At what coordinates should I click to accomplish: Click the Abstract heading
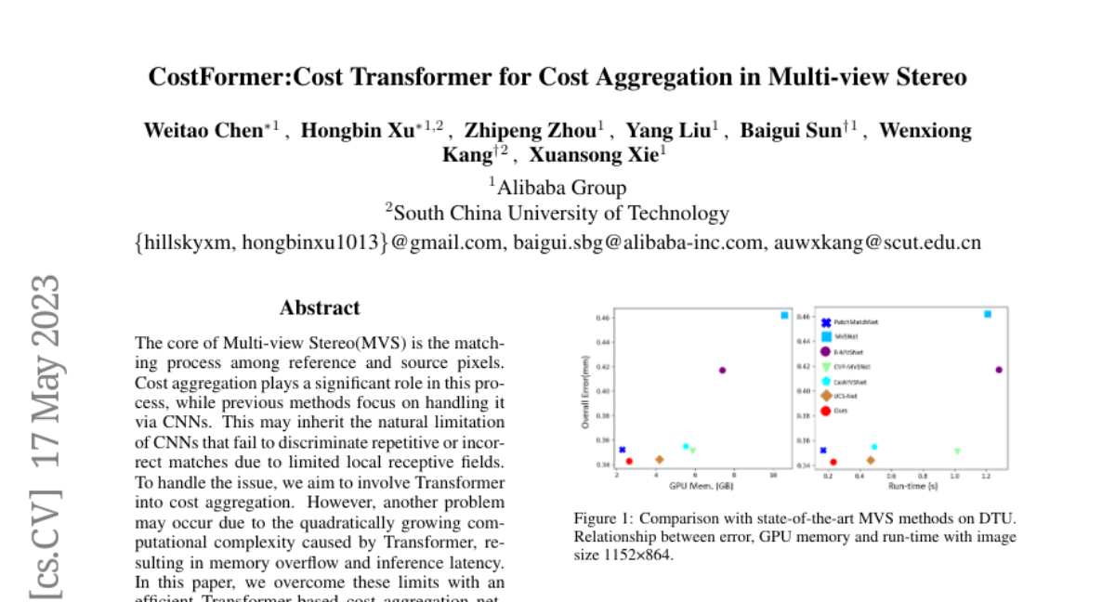(x=320, y=308)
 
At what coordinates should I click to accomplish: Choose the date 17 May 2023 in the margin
(x=46, y=372)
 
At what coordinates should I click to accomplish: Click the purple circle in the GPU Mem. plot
(x=722, y=370)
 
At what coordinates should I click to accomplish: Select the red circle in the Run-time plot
(x=833, y=462)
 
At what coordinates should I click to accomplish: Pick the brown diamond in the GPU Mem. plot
(x=659, y=459)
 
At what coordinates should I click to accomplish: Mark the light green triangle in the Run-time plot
(x=957, y=451)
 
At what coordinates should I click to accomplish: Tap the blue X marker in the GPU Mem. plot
(x=622, y=450)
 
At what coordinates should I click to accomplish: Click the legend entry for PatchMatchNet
(x=856, y=321)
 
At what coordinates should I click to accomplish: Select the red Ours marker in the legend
(x=825, y=411)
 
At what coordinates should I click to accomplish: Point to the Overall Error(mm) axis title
(x=586, y=396)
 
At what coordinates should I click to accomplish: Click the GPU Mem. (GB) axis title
(x=702, y=485)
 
